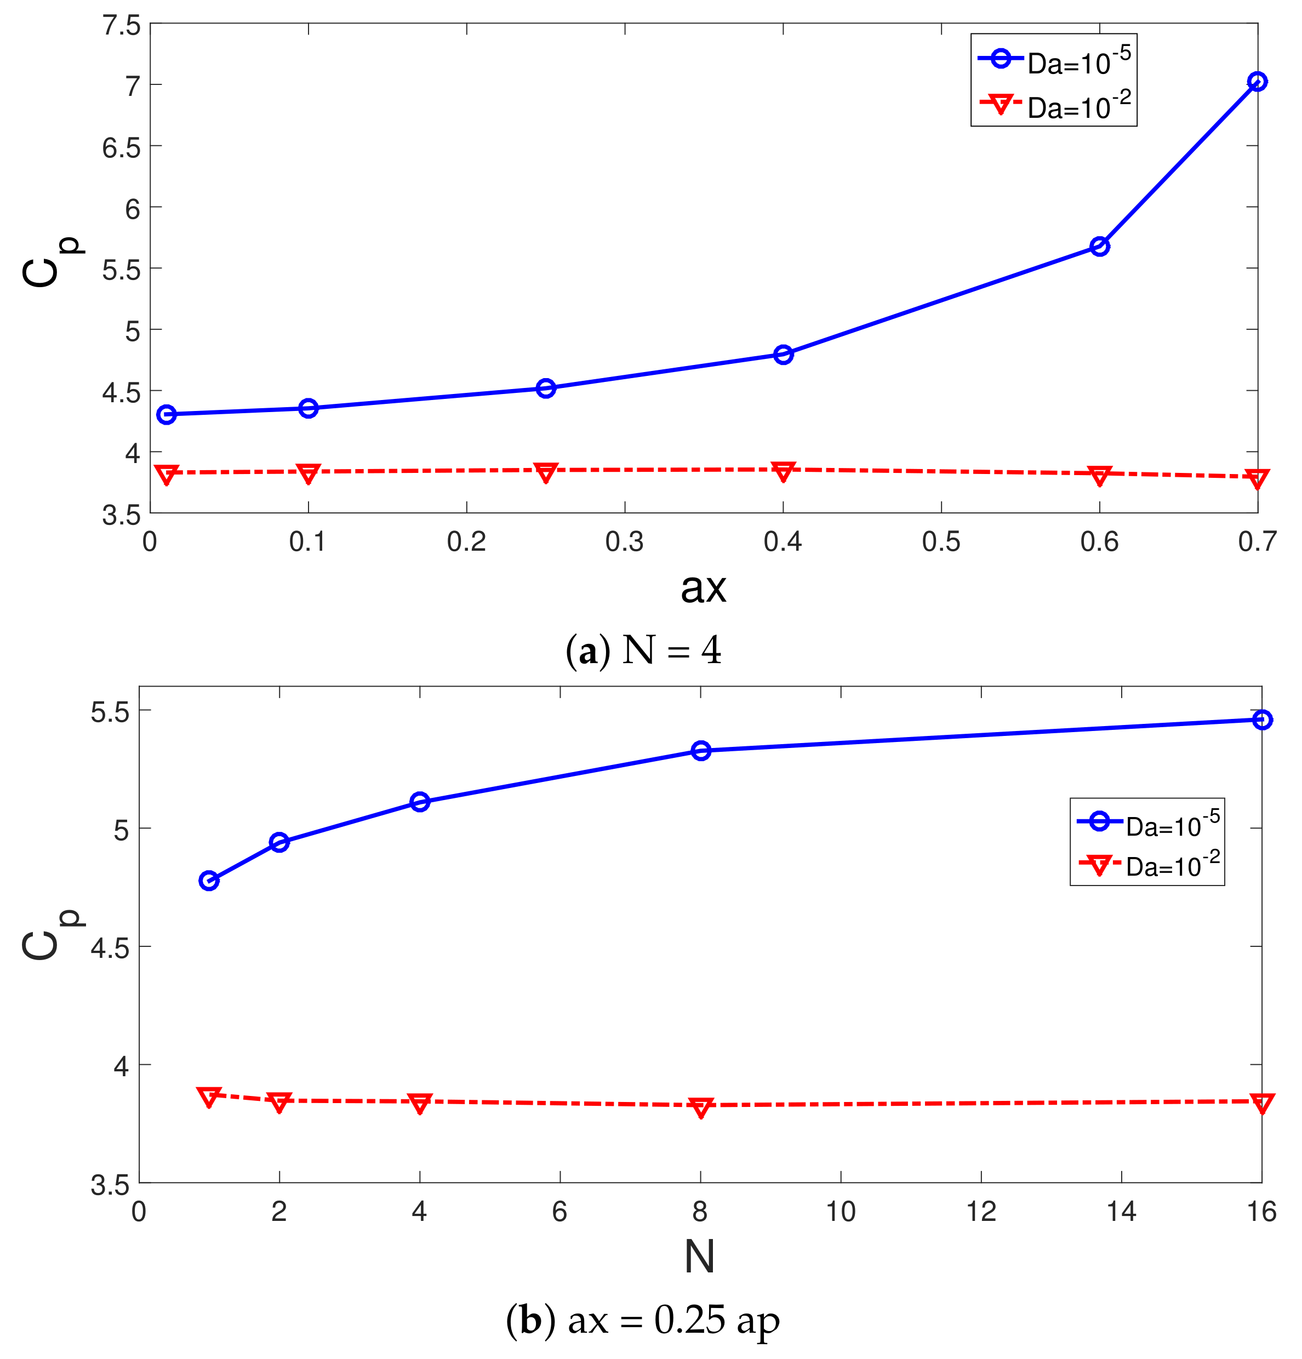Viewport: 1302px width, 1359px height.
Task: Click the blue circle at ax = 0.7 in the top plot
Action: click(x=1256, y=82)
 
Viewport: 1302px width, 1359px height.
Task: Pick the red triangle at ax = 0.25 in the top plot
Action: click(x=546, y=472)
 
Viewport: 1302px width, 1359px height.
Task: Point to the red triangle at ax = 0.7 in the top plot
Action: click(x=1256, y=478)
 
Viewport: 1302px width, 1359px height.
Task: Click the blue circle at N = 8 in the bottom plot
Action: click(x=701, y=750)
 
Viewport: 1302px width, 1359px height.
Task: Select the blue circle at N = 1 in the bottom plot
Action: click(x=209, y=881)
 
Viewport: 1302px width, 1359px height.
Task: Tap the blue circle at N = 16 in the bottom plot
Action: click(x=1263, y=720)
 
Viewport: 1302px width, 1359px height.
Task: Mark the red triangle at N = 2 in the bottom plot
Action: click(x=279, y=1102)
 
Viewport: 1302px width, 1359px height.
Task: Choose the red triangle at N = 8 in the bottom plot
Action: click(x=701, y=1106)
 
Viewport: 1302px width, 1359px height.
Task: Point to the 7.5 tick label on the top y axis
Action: click(x=121, y=26)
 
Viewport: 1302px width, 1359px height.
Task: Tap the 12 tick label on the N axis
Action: click(x=981, y=1211)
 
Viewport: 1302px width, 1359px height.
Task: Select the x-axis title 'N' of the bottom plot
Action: click(x=700, y=1257)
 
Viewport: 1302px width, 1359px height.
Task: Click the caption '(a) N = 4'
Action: click(x=643, y=650)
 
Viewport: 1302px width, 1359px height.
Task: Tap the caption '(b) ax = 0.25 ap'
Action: click(x=643, y=1320)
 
